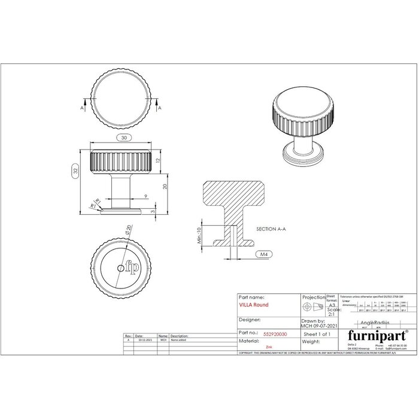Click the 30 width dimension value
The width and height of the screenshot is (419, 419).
click(x=124, y=138)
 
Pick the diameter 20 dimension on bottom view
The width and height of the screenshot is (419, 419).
click(x=128, y=230)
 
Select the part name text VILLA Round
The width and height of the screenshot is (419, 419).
click(x=254, y=305)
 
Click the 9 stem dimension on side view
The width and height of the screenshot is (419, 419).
click(x=145, y=196)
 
